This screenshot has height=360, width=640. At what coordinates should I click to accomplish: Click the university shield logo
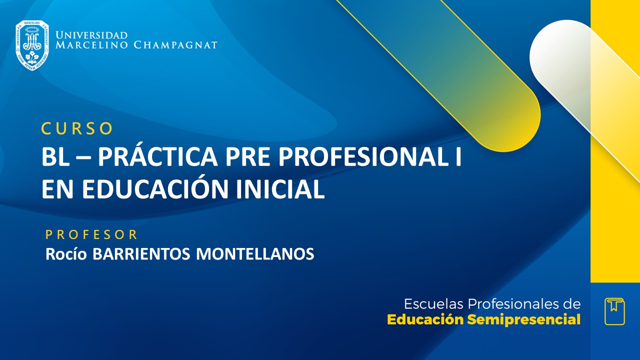(x=32, y=45)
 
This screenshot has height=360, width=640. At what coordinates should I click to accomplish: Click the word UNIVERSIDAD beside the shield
(x=91, y=35)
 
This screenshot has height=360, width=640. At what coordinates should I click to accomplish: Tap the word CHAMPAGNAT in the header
(x=175, y=45)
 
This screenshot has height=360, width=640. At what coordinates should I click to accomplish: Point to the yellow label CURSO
(x=77, y=128)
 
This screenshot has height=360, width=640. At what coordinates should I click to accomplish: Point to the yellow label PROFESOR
(x=91, y=234)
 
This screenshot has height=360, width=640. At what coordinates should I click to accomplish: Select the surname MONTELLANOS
(x=255, y=254)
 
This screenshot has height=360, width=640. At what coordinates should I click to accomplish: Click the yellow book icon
(x=614, y=311)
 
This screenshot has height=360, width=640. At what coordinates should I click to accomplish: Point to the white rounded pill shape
(x=565, y=60)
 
